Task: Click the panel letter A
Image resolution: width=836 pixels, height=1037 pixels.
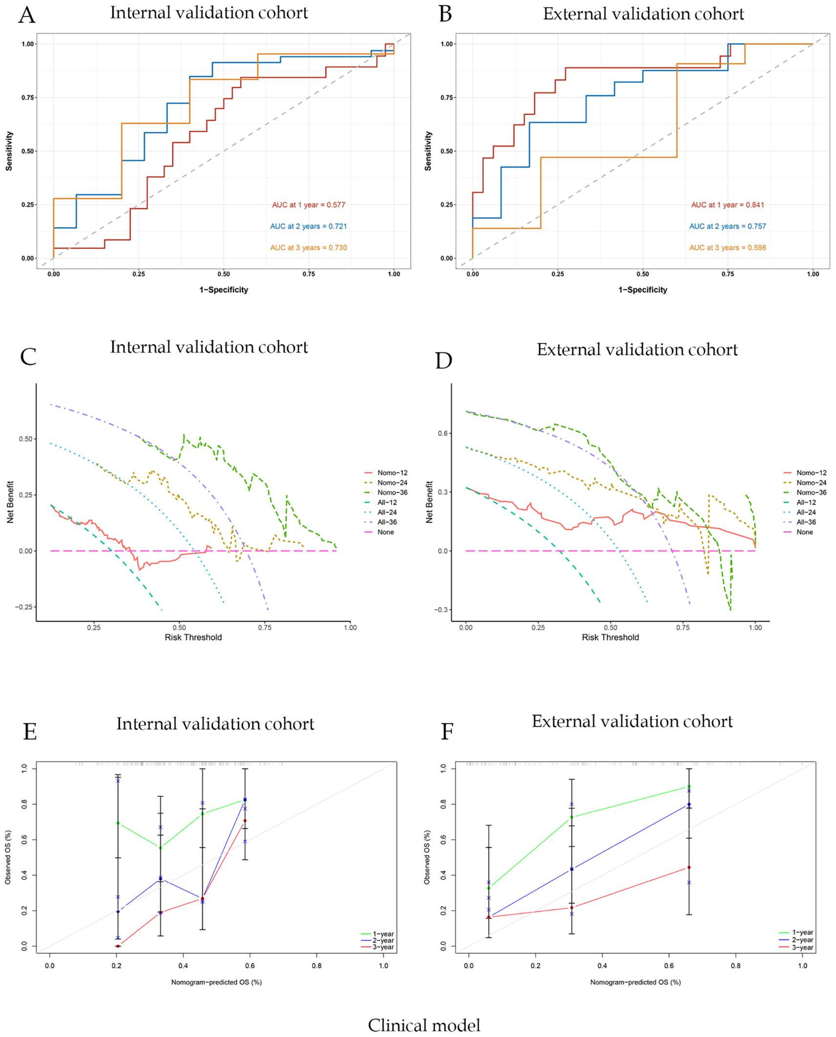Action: (26, 15)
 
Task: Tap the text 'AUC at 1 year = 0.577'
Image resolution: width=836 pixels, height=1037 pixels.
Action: (308, 205)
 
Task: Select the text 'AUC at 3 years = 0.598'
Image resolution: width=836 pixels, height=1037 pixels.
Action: (727, 248)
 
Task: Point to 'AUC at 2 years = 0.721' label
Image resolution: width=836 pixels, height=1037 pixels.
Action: (308, 226)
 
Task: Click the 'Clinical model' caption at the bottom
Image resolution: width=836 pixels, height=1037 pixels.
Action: (424, 1025)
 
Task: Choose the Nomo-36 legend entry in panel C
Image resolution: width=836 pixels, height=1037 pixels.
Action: (392, 492)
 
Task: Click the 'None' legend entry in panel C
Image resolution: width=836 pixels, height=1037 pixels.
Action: (385, 532)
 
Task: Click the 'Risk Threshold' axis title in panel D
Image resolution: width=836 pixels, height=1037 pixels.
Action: (610, 637)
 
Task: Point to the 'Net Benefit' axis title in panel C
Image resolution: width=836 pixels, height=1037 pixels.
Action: (10, 502)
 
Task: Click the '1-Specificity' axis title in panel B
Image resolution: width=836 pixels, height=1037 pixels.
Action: (642, 290)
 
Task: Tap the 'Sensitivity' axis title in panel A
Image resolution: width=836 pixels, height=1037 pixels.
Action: (9, 151)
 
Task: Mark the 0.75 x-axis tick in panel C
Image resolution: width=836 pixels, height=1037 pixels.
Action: (265, 628)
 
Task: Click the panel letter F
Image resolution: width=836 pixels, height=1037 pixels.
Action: (447, 732)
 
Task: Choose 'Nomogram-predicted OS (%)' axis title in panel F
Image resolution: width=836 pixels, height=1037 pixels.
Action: (635, 982)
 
